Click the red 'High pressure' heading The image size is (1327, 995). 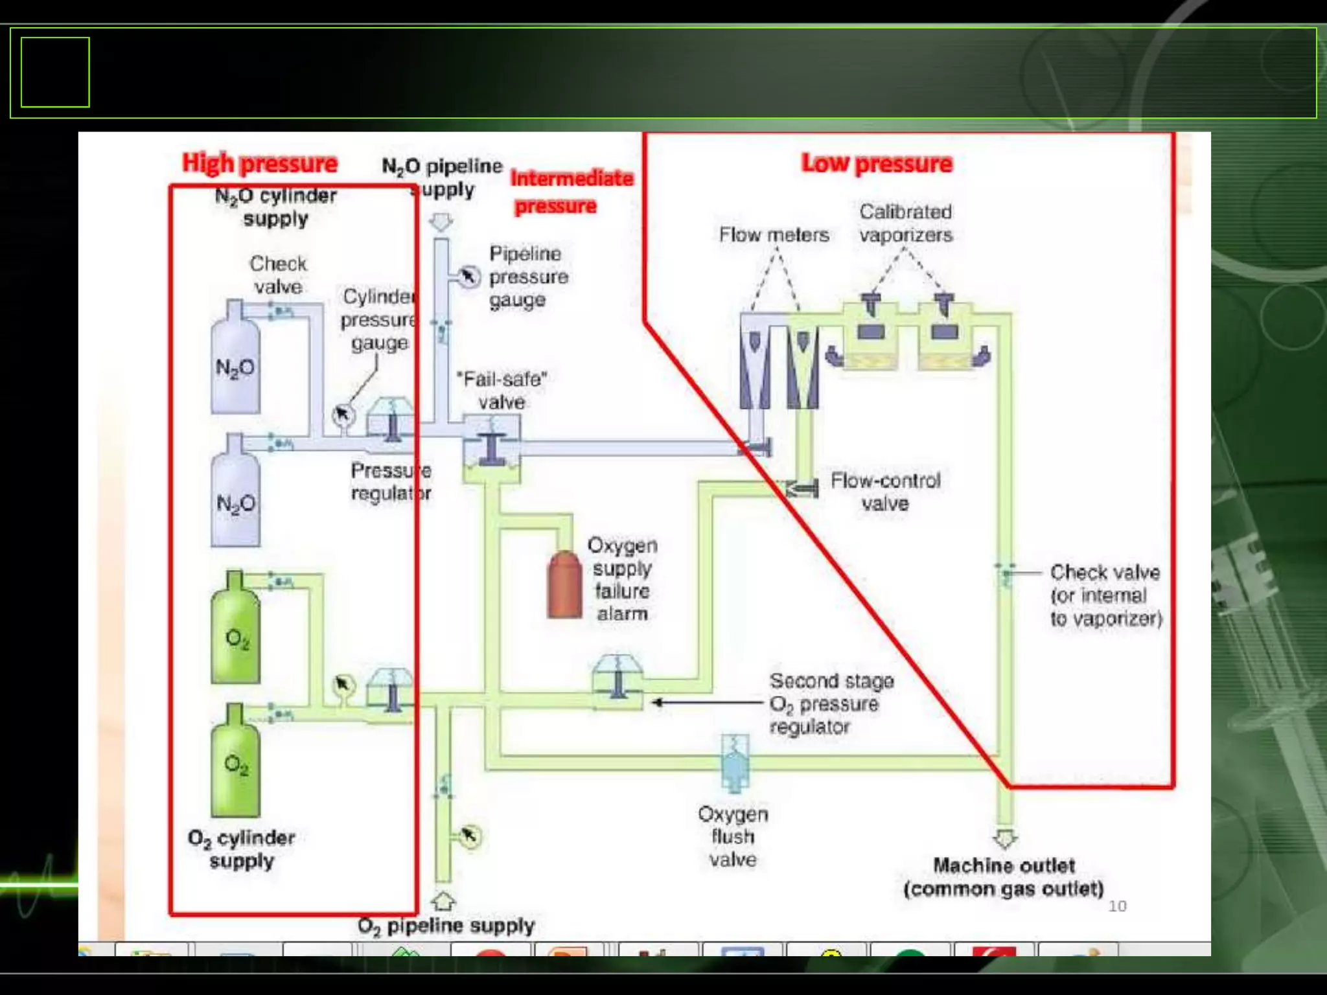[259, 163]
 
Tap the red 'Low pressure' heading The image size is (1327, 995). [877, 163]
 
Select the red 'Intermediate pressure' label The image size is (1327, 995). [571, 192]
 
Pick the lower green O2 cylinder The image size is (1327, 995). [235, 761]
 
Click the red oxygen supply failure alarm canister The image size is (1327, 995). [564, 584]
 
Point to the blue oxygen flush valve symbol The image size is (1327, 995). [735, 763]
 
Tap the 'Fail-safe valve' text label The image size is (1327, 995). [502, 390]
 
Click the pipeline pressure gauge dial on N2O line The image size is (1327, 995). [468, 277]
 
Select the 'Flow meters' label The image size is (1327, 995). [774, 234]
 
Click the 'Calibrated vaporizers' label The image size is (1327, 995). [906, 223]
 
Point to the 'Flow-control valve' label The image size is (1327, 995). [885, 492]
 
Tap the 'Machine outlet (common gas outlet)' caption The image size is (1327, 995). [1004, 877]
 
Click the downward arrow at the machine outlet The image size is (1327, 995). [1004, 839]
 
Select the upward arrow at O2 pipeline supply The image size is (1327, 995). [443, 900]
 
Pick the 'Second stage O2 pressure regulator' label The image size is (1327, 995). [831, 703]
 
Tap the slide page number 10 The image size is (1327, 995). [1117, 906]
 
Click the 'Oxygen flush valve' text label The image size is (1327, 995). [733, 836]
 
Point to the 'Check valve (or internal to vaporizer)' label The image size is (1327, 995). [1105, 595]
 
